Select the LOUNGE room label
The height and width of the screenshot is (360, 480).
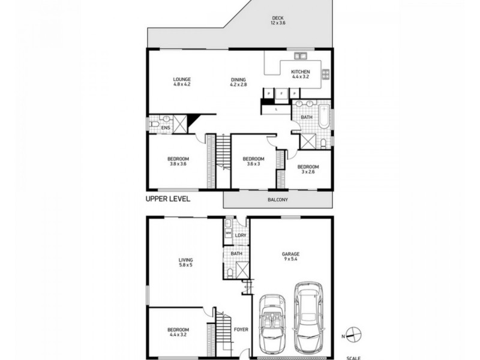pyautogui.click(x=182, y=82)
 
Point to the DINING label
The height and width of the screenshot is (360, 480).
pyautogui.click(x=238, y=82)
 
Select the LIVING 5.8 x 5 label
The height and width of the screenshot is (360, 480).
pyautogui.click(x=185, y=262)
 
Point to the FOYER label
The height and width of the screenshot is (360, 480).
pyautogui.click(x=241, y=329)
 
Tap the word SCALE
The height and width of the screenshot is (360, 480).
pyautogui.click(x=353, y=358)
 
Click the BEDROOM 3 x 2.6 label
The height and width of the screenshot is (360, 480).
pyautogui.click(x=308, y=169)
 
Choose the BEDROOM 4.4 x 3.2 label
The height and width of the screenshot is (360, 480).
pyautogui.click(x=178, y=332)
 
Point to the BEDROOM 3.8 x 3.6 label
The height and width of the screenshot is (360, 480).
pyautogui.click(x=178, y=161)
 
